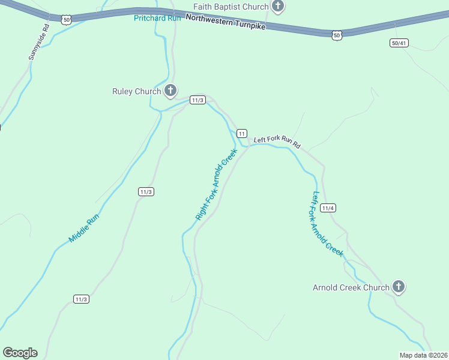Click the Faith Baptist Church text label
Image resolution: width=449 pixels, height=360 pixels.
pos(231,7)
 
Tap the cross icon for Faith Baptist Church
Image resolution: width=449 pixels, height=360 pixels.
pos(277,7)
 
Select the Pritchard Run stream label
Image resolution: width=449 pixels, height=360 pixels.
pos(157,17)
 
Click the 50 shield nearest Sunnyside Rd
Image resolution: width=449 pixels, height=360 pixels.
pos(67,20)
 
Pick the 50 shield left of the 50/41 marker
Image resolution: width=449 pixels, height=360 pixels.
pos(337,35)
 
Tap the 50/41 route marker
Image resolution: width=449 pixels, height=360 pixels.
pos(399,43)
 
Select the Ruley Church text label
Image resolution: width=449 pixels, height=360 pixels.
pos(137,91)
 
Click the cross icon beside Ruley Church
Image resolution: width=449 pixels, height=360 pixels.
pos(170,91)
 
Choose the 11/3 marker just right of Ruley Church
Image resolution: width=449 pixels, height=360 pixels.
pos(198,100)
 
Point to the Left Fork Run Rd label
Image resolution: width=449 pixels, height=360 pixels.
pos(276,142)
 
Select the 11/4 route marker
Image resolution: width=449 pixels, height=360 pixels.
pos(327,208)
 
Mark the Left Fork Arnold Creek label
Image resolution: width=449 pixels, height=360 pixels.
pos(327,224)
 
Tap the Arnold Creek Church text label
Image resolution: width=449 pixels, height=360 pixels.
pos(351,287)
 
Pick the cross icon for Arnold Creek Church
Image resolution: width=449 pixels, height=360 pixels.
pos(399,287)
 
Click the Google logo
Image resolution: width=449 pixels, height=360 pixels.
pos(20,353)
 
